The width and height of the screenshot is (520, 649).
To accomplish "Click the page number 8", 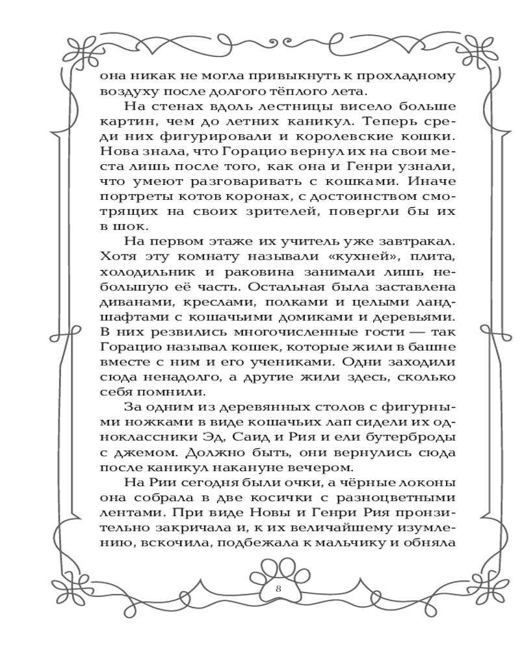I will [x=278, y=589].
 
